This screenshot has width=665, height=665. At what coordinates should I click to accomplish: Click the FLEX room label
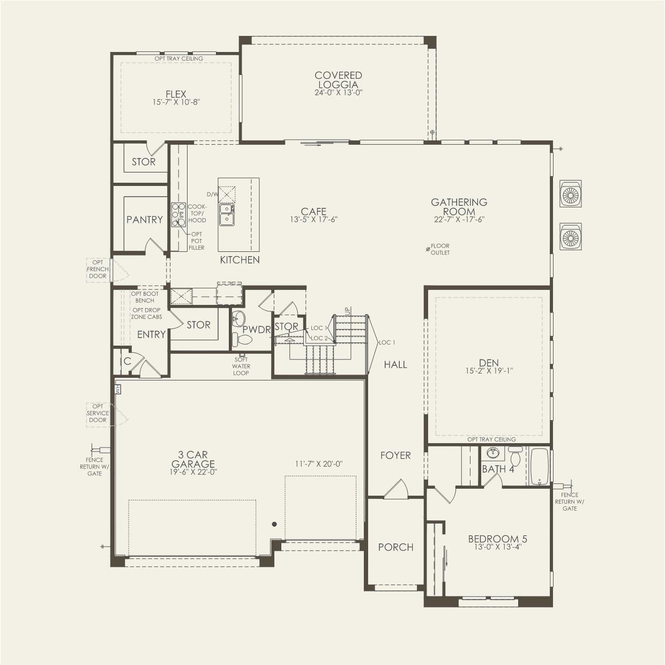176,94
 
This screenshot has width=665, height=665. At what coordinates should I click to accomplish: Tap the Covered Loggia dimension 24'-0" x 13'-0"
338,92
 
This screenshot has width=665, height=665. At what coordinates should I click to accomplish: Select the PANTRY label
144,220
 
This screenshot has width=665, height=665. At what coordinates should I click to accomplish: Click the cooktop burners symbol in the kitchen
178,214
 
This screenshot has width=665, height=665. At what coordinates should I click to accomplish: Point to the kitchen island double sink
226,213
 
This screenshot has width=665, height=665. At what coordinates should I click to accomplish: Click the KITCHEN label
240,260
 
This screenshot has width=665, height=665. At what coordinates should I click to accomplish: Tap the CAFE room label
313,212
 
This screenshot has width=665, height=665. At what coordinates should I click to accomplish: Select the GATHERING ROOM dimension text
459,219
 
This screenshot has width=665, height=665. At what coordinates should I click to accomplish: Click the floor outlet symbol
428,249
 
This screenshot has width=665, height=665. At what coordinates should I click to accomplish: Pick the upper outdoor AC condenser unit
570,194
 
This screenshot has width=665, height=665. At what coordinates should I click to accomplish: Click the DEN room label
489,363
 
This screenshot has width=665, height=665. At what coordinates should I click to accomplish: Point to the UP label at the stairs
347,310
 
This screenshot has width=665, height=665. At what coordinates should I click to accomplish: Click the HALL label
395,364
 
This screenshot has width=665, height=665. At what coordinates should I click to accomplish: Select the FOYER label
395,455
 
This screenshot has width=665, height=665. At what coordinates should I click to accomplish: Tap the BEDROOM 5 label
494,539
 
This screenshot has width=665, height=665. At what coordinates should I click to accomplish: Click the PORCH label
395,547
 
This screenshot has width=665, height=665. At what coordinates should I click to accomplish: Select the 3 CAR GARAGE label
193,460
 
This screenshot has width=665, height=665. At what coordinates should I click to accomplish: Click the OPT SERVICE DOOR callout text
98,413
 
